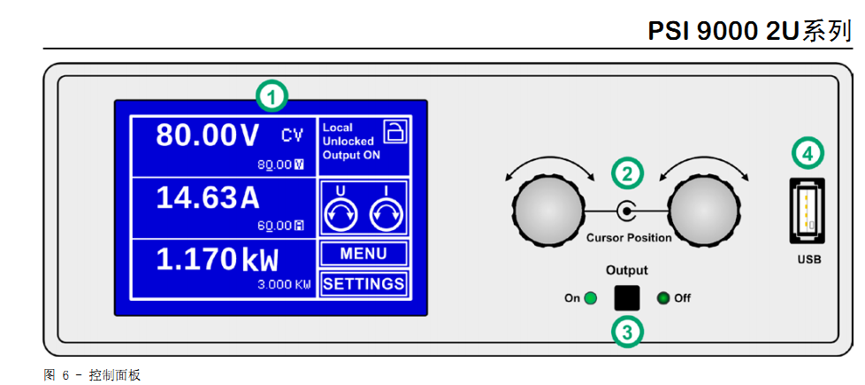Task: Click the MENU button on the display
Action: point(364,254)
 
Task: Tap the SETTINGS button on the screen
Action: point(364,284)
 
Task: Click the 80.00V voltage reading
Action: point(208,135)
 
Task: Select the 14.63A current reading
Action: point(209,198)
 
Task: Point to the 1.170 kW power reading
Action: point(217,259)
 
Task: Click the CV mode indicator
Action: point(292,135)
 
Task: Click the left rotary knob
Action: point(548,211)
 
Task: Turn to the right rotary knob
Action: point(704,211)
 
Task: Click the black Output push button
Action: point(626,297)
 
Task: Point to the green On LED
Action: point(590,298)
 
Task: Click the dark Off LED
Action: point(663,298)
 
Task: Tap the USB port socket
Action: point(806,211)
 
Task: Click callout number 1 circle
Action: point(272,96)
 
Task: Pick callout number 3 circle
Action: point(627,332)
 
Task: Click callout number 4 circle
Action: point(806,152)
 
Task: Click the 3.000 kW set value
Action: point(284,285)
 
